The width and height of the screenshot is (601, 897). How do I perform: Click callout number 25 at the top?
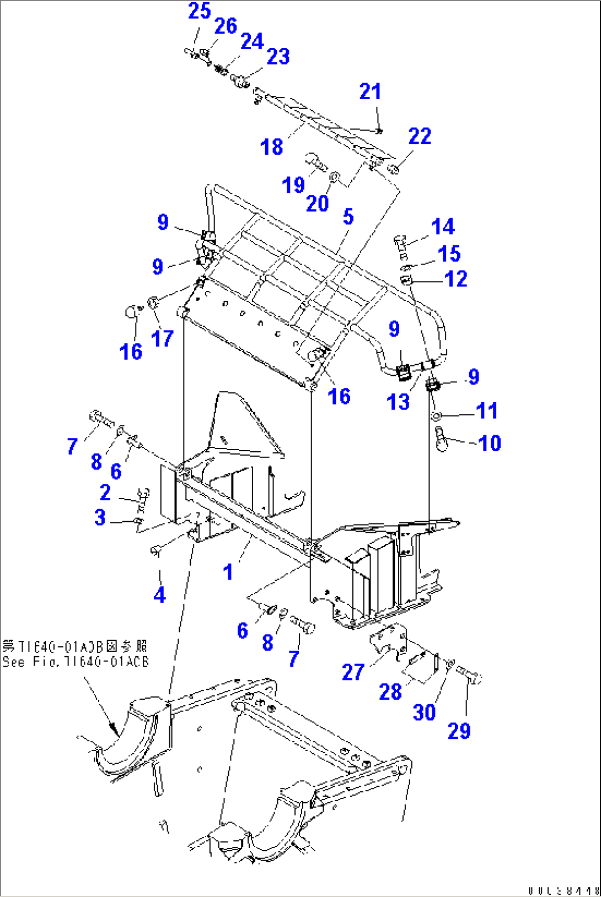click(199, 11)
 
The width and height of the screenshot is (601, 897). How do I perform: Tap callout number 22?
click(420, 136)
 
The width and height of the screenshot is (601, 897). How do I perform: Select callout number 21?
click(370, 91)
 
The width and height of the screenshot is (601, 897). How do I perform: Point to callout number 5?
click(348, 217)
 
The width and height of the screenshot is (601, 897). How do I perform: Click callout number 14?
click(443, 226)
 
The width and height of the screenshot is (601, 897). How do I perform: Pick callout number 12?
click(455, 279)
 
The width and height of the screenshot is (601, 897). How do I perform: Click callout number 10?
click(489, 443)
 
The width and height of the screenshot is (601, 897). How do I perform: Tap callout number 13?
click(398, 402)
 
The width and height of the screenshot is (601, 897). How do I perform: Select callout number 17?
click(162, 338)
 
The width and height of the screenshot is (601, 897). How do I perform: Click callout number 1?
click(228, 572)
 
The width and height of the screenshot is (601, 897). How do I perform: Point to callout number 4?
click(159, 595)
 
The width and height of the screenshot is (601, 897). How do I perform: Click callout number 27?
click(353, 672)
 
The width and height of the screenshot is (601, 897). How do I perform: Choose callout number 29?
click(459, 731)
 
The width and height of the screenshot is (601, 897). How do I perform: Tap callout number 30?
click(424, 712)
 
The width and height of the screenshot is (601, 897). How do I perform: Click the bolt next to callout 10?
click(441, 439)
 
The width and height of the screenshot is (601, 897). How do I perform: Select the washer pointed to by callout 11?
click(436, 415)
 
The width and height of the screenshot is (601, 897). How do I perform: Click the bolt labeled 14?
click(401, 243)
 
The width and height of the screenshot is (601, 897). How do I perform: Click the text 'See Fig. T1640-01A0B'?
click(76, 661)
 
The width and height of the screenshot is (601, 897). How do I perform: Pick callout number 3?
click(100, 517)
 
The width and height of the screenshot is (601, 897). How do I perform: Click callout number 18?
click(271, 147)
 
